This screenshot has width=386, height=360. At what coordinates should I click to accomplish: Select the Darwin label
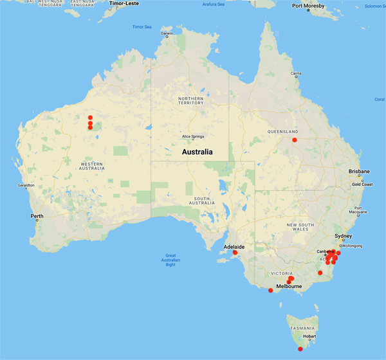coord(167,33)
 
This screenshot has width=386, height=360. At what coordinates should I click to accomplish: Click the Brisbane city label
coord(358,172)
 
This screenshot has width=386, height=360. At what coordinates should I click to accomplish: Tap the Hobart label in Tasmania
coord(310,335)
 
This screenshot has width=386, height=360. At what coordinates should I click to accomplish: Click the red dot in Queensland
coord(295,139)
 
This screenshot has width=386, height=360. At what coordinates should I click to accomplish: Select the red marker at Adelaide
coord(235,252)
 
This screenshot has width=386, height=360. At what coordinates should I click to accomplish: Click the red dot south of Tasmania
coord(300,349)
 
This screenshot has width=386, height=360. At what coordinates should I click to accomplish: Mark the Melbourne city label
coord(289,287)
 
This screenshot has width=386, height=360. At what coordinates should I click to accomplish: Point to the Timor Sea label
coord(141,27)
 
